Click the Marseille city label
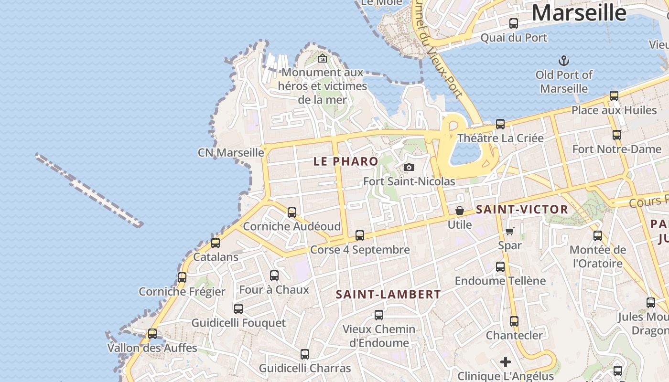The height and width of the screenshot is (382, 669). [x=579, y=13]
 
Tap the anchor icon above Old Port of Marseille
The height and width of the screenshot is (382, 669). [x=564, y=61]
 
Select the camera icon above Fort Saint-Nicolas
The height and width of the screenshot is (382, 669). [x=409, y=167]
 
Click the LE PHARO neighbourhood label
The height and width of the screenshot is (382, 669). [x=346, y=161]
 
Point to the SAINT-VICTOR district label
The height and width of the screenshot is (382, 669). [x=522, y=209]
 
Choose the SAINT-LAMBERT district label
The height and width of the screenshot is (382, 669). [x=388, y=294]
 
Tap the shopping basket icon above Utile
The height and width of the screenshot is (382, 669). [x=460, y=210]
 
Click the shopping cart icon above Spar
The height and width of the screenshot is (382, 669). [x=509, y=231]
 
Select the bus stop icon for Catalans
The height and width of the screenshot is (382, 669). [x=216, y=243]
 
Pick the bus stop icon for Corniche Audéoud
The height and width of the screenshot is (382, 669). [x=292, y=212]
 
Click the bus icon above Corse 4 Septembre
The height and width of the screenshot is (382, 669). [x=360, y=235]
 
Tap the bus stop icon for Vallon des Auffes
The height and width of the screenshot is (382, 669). [x=152, y=333]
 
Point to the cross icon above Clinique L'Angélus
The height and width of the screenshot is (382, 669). [x=506, y=362]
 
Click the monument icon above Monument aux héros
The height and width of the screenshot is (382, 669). [x=323, y=59]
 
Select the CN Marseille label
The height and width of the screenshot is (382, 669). [x=231, y=152]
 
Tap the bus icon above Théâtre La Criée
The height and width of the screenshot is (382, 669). [x=500, y=124]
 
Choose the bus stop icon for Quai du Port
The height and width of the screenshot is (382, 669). [x=514, y=23]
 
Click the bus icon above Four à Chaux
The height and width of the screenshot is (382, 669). [x=274, y=275]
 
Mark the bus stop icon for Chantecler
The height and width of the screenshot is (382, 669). [x=514, y=321]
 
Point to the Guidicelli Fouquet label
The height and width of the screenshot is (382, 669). [x=238, y=323]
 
